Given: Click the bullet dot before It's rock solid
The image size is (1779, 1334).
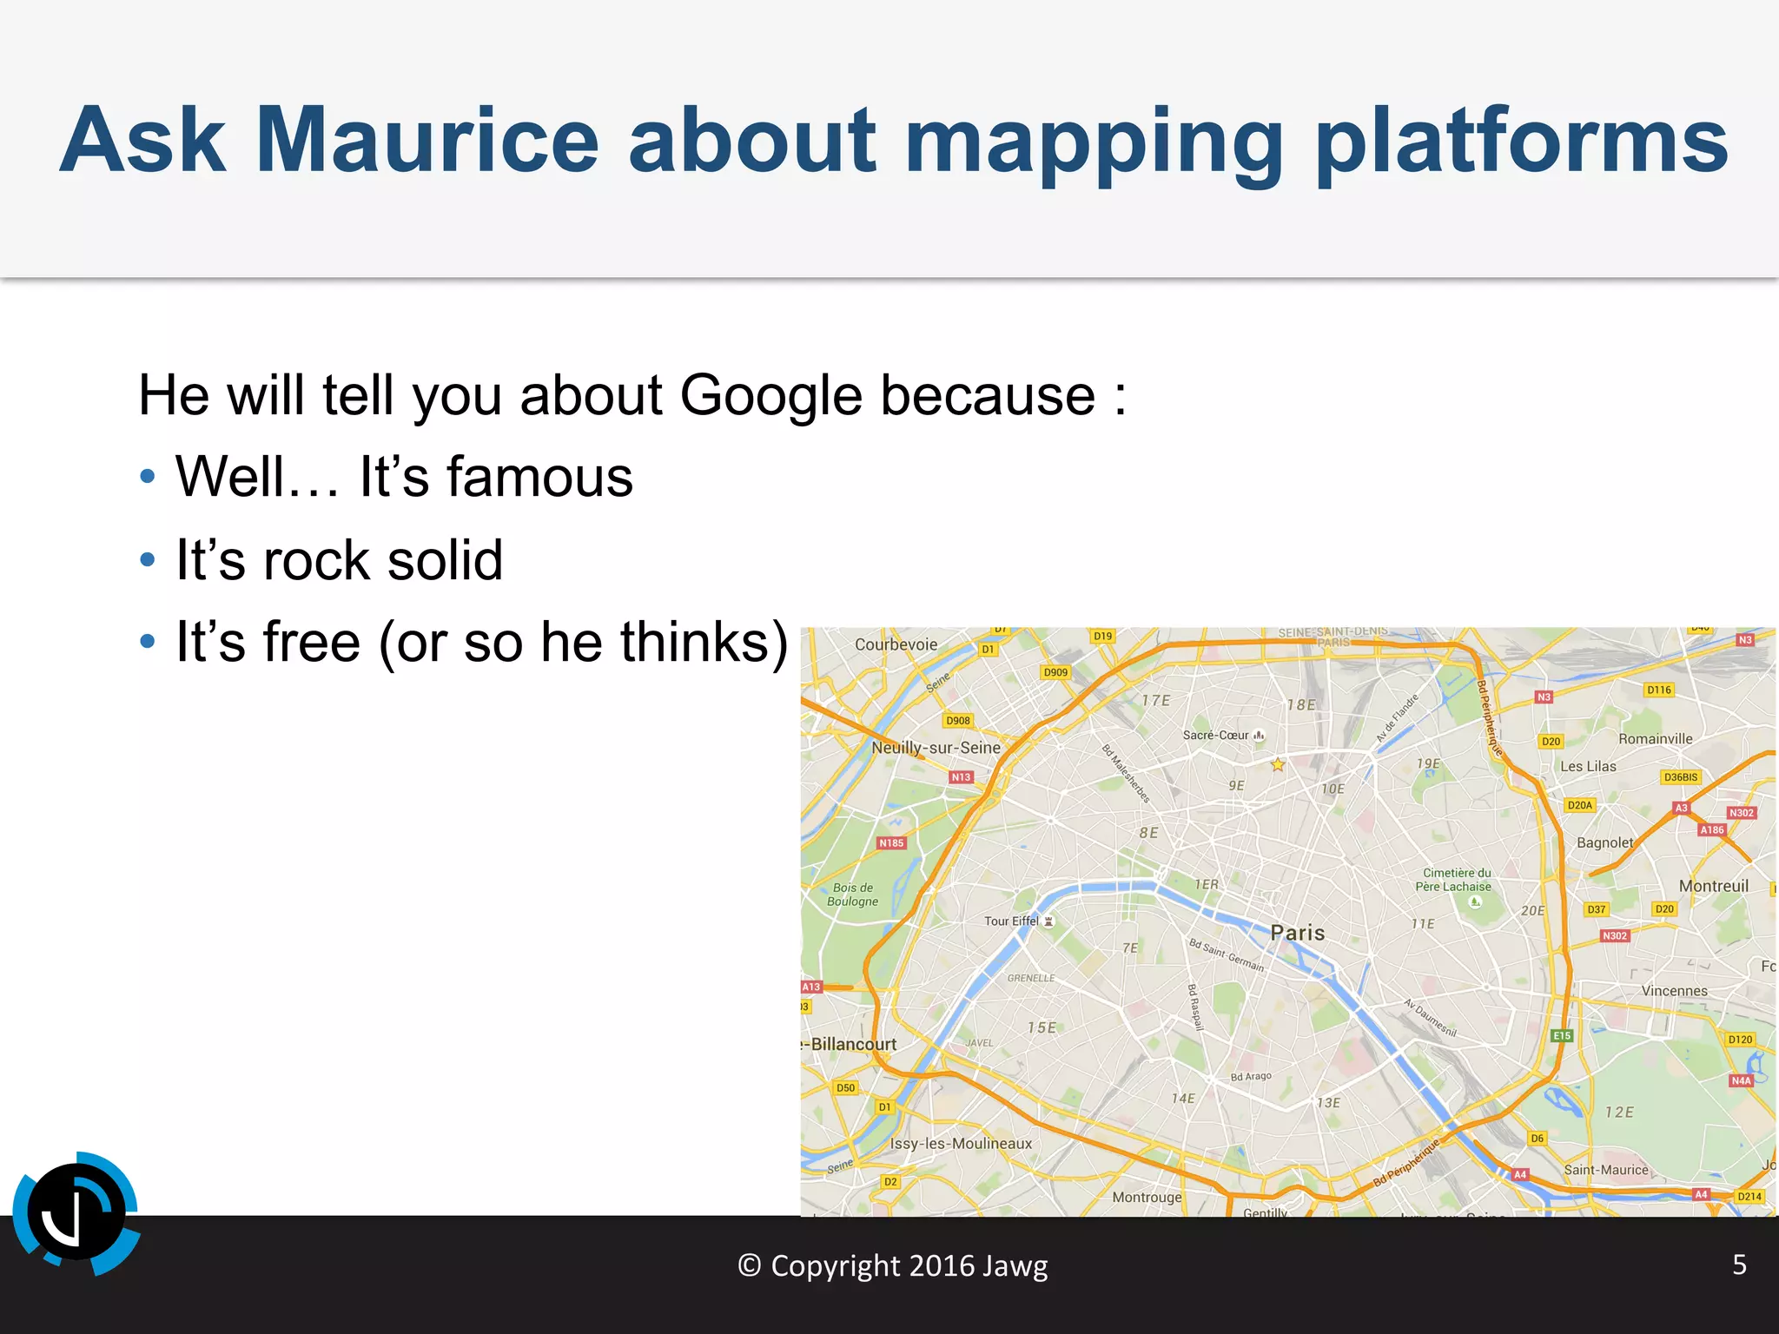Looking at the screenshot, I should click(148, 559).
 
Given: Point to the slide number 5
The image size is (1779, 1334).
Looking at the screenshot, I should click(1739, 1265).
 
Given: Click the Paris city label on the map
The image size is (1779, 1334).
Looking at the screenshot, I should click(1297, 933).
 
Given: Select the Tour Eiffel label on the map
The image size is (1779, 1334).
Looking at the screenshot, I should click(1011, 921).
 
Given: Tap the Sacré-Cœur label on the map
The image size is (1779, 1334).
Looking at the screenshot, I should click(1215, 735).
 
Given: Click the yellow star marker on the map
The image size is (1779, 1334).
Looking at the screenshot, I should click(1278, 765).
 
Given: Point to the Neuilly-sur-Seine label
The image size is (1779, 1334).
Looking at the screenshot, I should click(936, 748).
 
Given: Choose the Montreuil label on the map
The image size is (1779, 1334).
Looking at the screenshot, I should click(1713, 886).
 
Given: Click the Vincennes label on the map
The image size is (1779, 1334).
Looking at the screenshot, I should click(1674, 991).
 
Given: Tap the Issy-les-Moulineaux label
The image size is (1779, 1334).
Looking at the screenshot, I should click(961, 1144).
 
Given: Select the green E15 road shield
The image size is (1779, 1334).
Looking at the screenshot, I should click(1562, 1035).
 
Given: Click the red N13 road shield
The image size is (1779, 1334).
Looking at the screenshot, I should click(961, 777).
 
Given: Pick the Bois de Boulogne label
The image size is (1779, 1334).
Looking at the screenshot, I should click(853, 895).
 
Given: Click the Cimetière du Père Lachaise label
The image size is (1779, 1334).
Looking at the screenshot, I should click(1453, 880).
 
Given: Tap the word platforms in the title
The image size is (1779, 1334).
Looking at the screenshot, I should click(1521, 140).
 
